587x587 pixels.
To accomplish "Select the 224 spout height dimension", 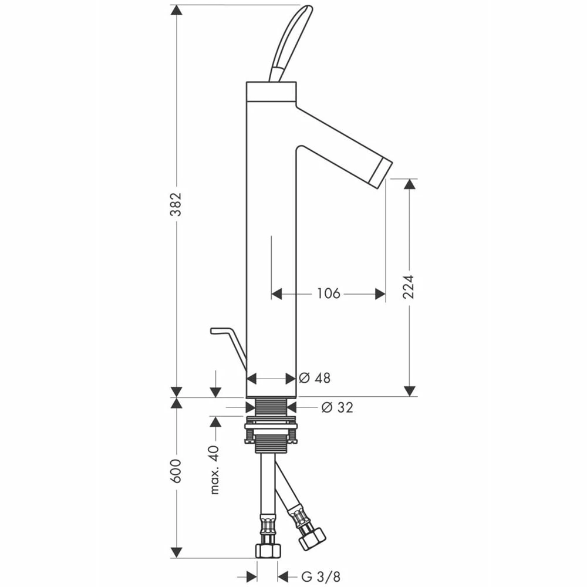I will coord(409,286).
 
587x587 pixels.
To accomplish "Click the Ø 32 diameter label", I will coord(337,407).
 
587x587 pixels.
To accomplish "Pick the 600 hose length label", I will coord(176,472).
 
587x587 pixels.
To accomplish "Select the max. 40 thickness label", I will coord(214,470).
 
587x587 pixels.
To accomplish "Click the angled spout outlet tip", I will coord(381,173).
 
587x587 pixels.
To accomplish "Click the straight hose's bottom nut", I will coord(269,550).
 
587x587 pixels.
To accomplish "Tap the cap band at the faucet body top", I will coord(271,91).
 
